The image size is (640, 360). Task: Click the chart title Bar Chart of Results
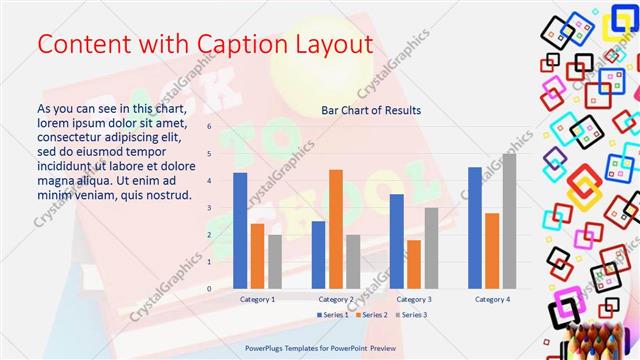click(x=371, y=110)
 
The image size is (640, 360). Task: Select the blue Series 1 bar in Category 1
click(x=240, y=230)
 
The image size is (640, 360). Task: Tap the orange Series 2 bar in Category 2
click(x=336, y=229)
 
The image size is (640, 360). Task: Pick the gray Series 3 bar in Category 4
click(x=509, y=221)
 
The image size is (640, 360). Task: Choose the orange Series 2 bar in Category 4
click(x=492, y=250)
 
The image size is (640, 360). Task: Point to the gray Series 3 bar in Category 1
click(x=275, y=261)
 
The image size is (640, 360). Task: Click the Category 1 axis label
click(x=257, y=299)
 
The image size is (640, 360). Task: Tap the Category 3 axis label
click(x=414, y=299)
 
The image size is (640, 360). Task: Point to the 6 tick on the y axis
click(x=209, y=127)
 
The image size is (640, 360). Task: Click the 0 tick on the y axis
click(x=209, y=288)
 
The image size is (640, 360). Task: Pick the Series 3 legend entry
click(x=413, y=315)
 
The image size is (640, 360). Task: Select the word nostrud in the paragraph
click(x=169, y=194)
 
